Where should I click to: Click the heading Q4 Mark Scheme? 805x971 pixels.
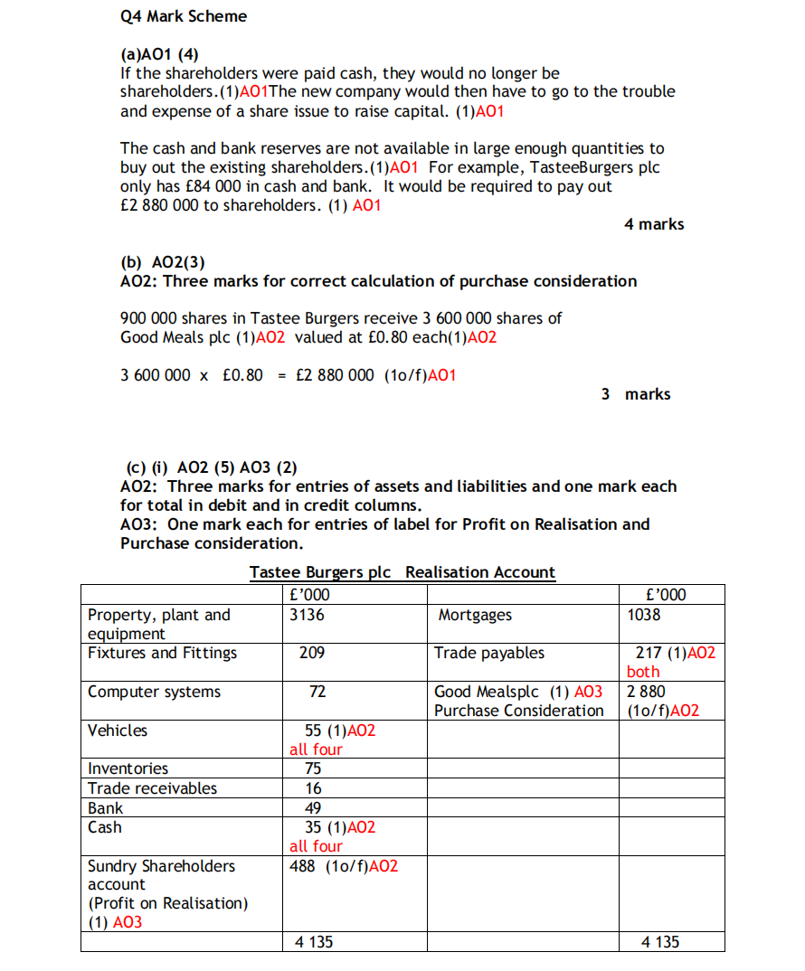tap(183, 16)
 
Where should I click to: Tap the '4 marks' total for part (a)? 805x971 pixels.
tap(653, 224)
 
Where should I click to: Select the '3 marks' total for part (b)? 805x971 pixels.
tap(636, 394)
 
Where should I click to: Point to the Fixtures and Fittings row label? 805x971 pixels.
tap(162, 653)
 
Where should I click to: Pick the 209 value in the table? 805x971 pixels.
tap(312, 653)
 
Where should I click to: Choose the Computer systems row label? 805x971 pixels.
tap(154, 692)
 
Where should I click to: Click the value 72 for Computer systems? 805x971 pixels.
tap(317, 692)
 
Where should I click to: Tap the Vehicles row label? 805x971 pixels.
tap(118, 731)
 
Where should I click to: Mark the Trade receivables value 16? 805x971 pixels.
tap(314, 788)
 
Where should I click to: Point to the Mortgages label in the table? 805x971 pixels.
tap(475, 615)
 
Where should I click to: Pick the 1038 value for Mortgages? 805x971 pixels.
tap(644, 615)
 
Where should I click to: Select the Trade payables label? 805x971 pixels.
tap(489, 653)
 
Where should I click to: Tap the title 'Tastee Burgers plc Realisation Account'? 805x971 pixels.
tap(402, 572)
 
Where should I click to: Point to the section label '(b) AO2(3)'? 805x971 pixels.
tap(163, 262)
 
